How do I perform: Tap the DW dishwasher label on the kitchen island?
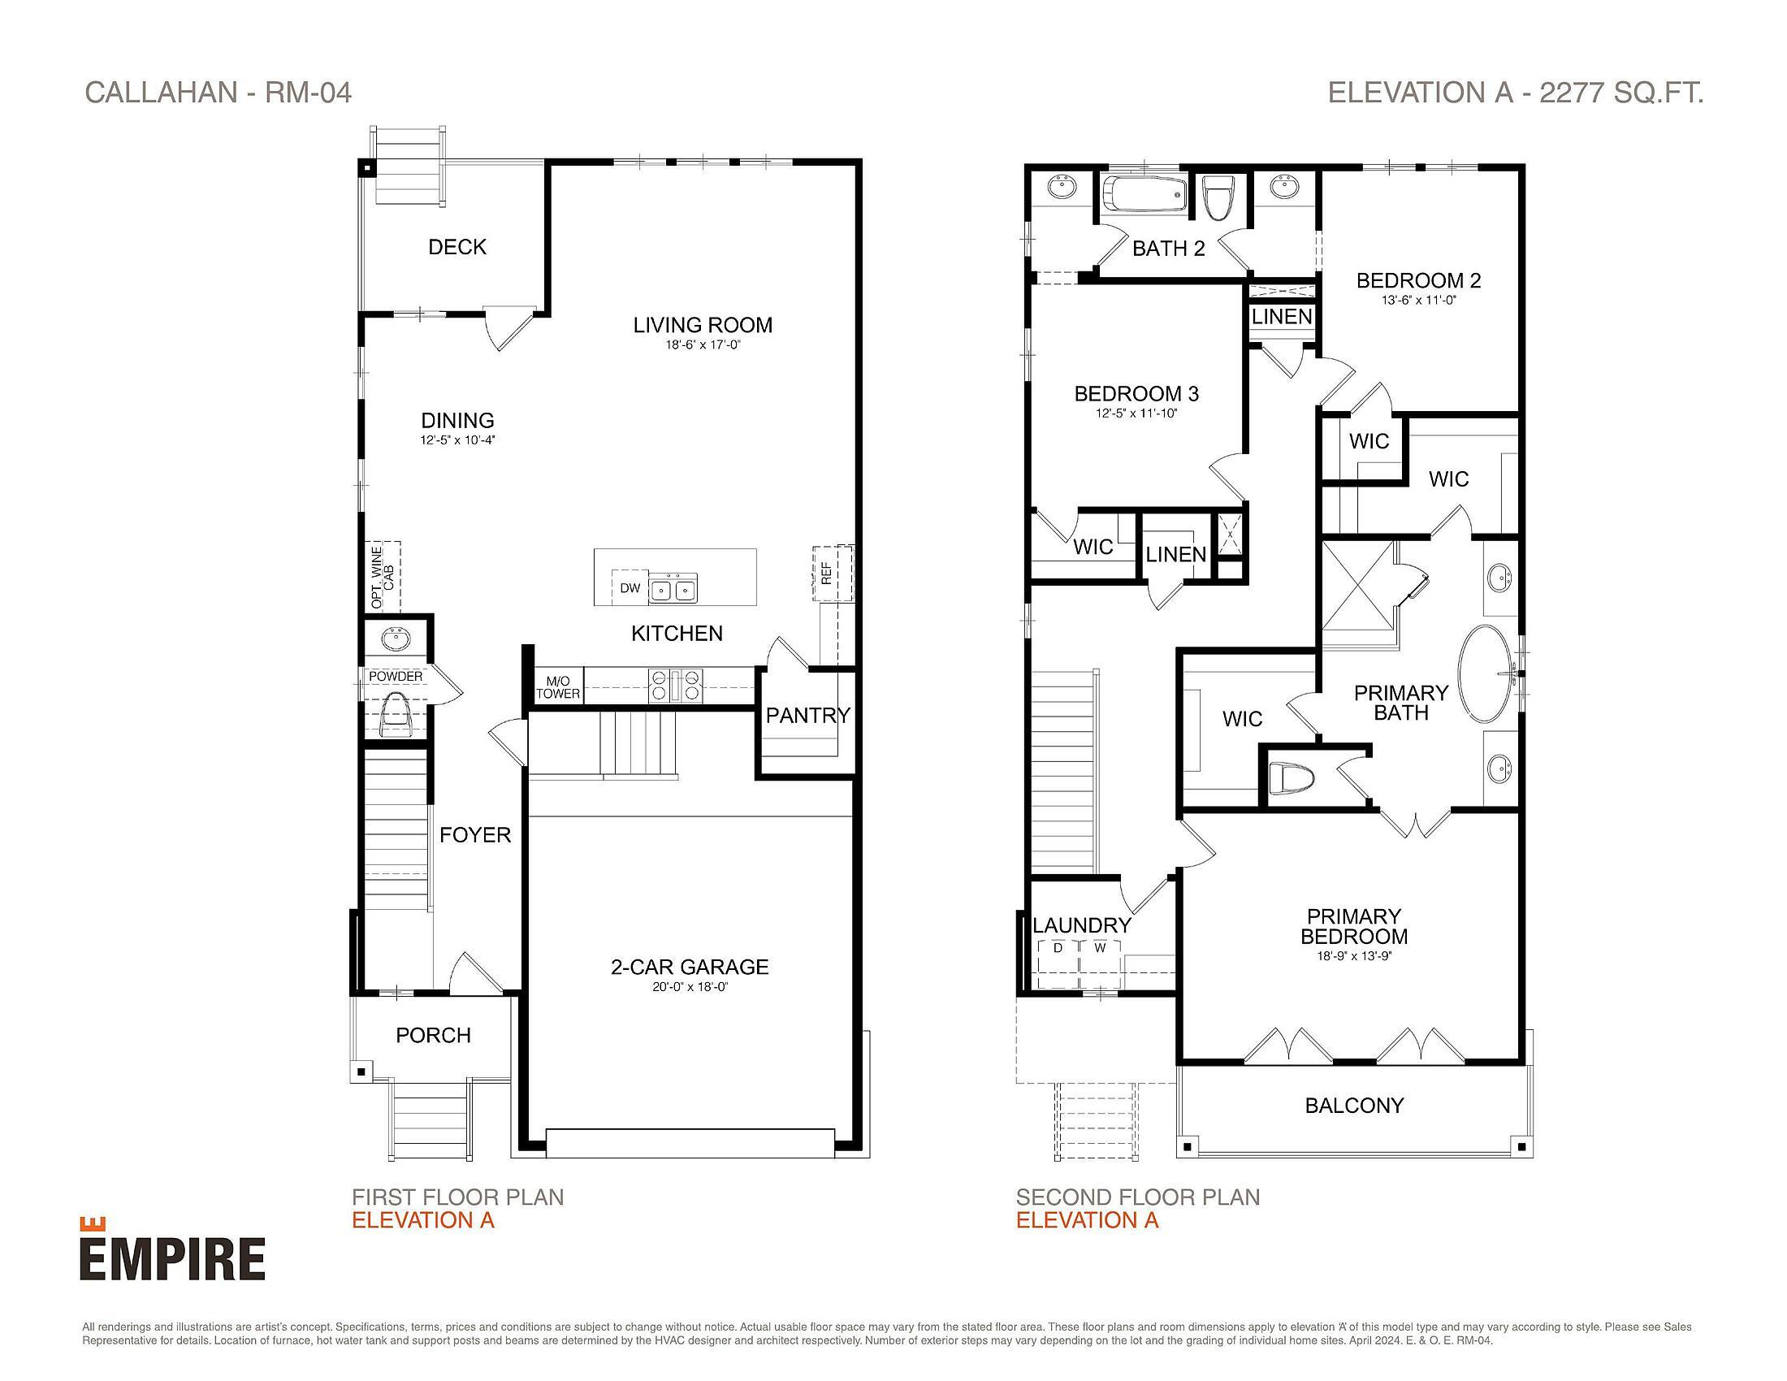tap(630, 587)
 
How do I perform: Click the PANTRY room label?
tap(807, 716)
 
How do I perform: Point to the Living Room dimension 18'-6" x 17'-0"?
tap(702, 345)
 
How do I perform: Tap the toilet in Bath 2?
tap(1218, 199)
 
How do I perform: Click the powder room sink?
tap(397, 638)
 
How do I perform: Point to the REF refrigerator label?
tap(826, 574)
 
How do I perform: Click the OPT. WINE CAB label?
tap(382, 577)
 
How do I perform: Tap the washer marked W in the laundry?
tap(1101, 949)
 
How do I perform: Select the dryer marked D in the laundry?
tap(1057, 949)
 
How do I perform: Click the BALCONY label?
tap(1354, 1106)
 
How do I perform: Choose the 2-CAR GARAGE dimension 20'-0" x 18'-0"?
tap(690, 988)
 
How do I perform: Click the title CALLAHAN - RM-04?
tap(219, 93)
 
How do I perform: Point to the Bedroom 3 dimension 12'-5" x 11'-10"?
tap(1136, 414)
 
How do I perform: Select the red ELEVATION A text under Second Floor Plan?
tap(1087, 1220)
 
